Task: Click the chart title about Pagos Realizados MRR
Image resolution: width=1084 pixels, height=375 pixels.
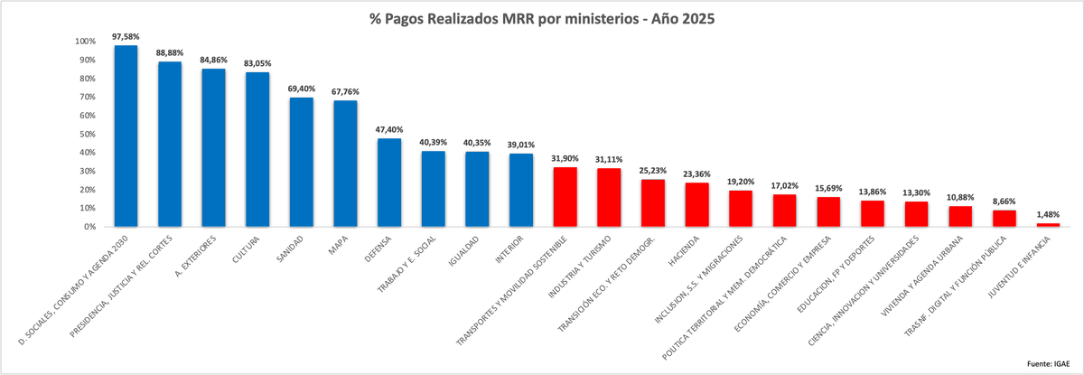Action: [x=542, y=18]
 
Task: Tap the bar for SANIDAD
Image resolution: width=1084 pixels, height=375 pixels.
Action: [x=301, y=162]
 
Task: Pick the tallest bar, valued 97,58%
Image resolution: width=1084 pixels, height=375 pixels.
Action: [x=126, y=136]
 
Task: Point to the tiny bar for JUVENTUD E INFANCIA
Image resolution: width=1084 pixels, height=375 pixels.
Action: [x=1048, y=225]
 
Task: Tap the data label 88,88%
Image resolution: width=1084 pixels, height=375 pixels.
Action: [x=170, y=52]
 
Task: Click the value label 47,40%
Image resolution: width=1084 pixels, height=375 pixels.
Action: [x=388, y=129]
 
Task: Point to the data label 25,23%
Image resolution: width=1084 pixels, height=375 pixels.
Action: [x=653, y=170]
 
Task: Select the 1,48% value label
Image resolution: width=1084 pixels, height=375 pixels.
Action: [x=1048, y=214]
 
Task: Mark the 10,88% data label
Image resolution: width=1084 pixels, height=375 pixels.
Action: [x=960, y=197]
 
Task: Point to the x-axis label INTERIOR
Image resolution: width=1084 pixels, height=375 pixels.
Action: [x=510, y=252]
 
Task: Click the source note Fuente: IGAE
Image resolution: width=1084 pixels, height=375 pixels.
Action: [x=1051, y=363]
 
